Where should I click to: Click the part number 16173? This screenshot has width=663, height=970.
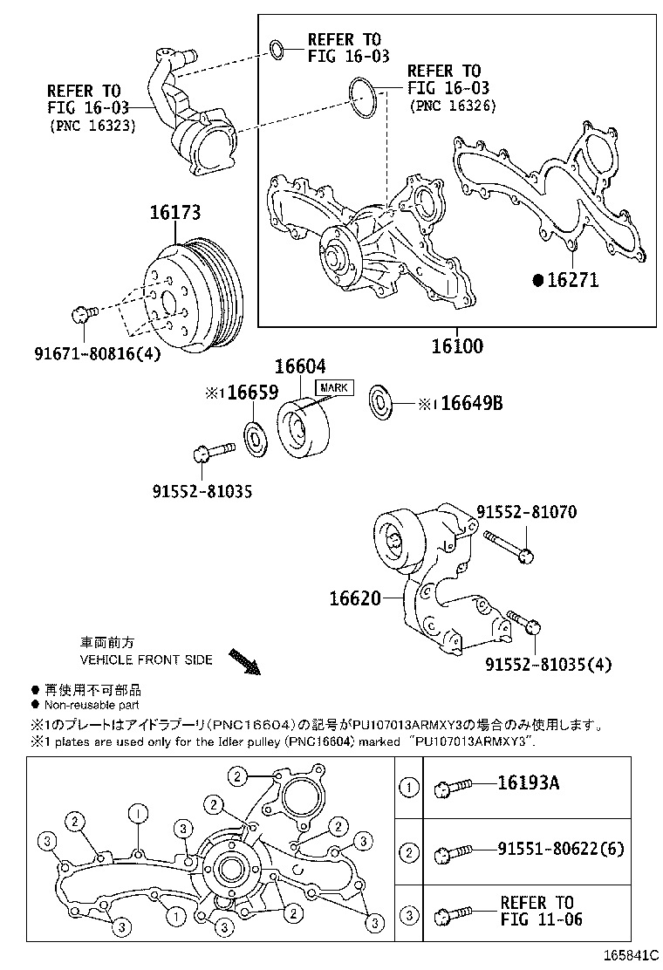pos(174,212)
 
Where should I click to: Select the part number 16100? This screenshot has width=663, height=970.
pos(455,346)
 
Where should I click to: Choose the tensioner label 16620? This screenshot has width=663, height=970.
pos(355,598)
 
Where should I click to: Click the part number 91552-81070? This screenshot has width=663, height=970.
pos(526,512)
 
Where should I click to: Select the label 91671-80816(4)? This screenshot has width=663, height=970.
pos(97,354)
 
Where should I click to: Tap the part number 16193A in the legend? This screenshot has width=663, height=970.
pos(529,782)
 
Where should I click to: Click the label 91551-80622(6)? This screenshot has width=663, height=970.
pos(561,848)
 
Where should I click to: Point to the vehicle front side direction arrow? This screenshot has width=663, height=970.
pos(245,661)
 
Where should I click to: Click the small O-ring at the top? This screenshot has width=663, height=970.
pos(277,50)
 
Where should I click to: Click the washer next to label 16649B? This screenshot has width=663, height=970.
pos(381,399)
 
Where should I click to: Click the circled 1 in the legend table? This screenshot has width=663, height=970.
pos(408,788)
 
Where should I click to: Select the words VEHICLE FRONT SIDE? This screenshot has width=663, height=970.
pos(146,659)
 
